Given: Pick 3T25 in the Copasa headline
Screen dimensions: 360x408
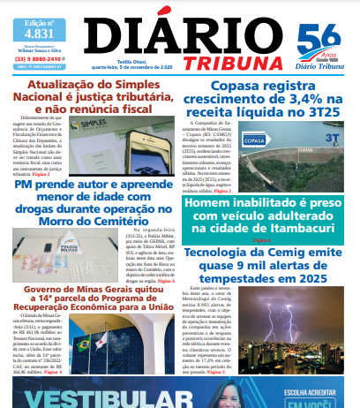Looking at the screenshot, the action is (322, 116).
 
